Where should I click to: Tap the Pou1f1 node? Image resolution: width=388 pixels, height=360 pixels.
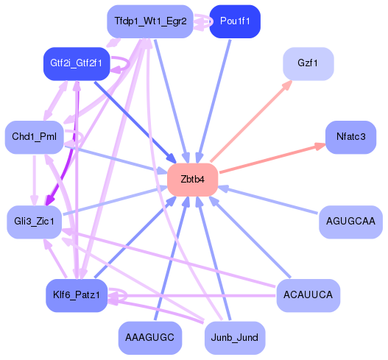click(235, 21)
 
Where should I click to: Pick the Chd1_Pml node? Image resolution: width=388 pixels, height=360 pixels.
click(34, 138)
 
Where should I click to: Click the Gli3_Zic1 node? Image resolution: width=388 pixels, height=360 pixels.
click(34, 222)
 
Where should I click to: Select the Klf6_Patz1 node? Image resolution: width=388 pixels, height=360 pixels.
click(76, 295)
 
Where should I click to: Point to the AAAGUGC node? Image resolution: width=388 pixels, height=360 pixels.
click(149, 338)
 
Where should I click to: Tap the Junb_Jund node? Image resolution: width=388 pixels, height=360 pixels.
click(235, 338)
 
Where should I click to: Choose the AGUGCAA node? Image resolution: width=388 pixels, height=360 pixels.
click(350, 222)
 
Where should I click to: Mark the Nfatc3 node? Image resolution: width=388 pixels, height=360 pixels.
click(350, 138)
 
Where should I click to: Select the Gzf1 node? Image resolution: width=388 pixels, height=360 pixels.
click(308, 64)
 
